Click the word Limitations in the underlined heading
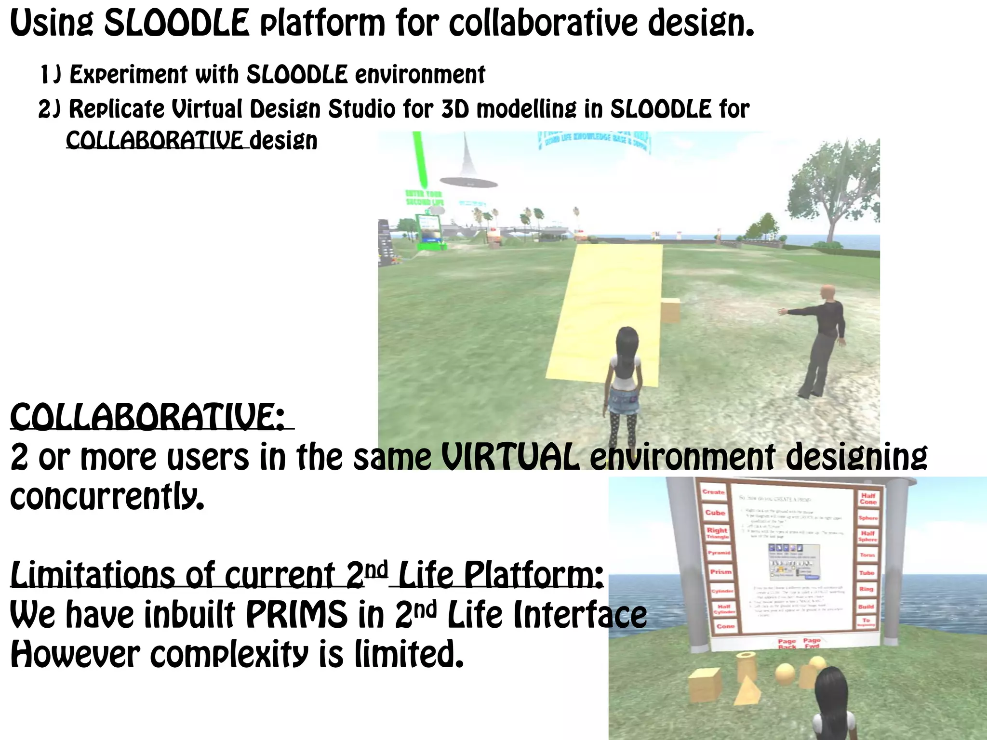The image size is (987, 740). click(x=92, y=575)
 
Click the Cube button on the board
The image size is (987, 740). click(x=715, y=513)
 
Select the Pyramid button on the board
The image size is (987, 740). click(x=719, y=553)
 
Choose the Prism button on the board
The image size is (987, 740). click(x=720, y=572)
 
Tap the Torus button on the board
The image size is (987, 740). click(x=867, y=555)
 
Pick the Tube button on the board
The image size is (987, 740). click(x=867, y=573)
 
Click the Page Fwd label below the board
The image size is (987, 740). click(x=812, y=643)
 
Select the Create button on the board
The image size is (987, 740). click(x=713, y=492)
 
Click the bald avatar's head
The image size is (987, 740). click(x=827, y=292)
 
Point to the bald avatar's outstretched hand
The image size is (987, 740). click(x=784, y=312)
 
